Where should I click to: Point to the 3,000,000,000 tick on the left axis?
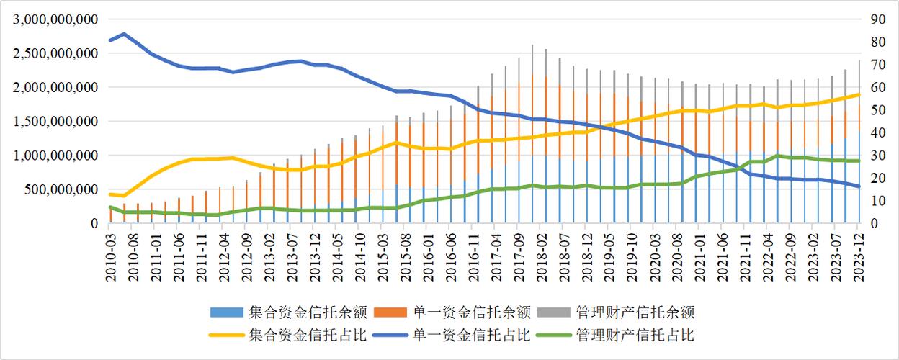tap(55, 19)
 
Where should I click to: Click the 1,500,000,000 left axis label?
tap(55, 122)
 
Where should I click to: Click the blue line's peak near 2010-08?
tap(124, 34)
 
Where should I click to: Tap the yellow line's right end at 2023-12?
tap(858, 94)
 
